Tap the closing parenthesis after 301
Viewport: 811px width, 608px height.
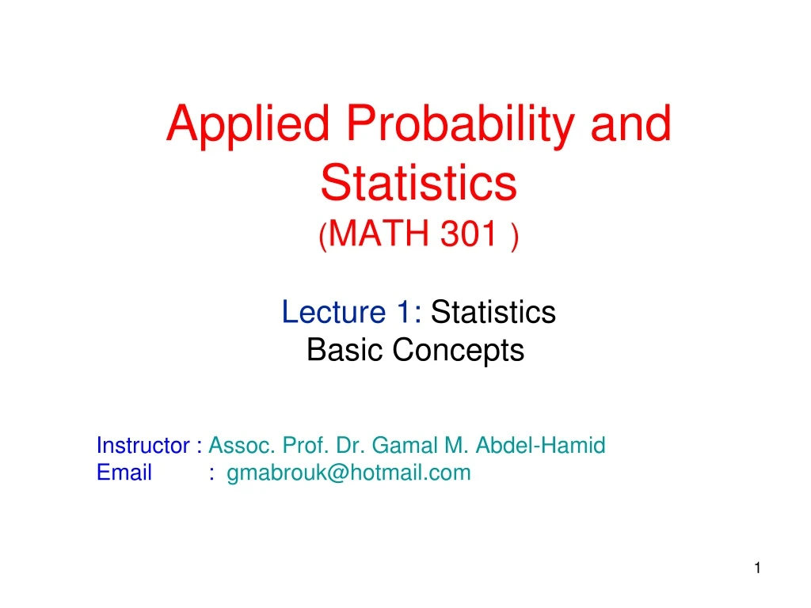point(515,236)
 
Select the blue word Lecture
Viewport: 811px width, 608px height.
point(333,313)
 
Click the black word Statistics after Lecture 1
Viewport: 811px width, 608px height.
point(493,313)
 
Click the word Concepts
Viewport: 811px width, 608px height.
point(459,350)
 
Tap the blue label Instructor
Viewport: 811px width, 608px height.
point(139,446)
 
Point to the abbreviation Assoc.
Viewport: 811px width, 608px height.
point(238,446)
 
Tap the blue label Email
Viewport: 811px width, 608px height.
point(124,473)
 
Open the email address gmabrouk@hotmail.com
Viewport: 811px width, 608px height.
point(348,473)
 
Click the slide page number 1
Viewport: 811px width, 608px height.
point(757,568)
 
